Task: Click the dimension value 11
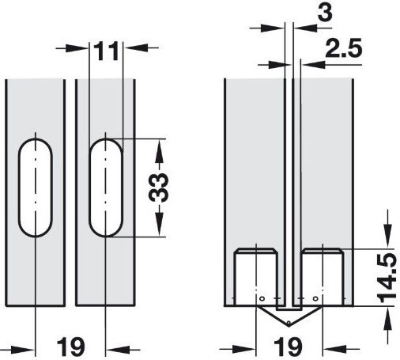click(x=106, y=51)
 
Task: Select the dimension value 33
click(x=158, y=188)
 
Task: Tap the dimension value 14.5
click(x=387, y=278)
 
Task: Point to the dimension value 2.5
click(x=344, y=48)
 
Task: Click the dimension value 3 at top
click(x=325, y=13)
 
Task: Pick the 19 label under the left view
click(x=71, y=347)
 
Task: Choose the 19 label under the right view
click(x=288, y=347)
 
